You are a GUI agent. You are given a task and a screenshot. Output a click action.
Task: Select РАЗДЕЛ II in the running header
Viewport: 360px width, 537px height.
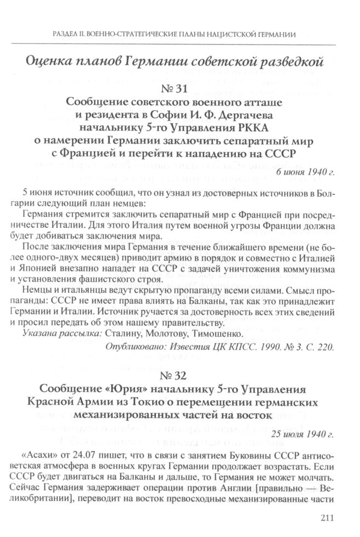click(71, 34)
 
